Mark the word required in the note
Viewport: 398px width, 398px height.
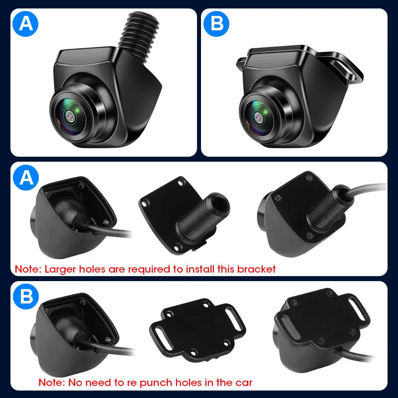coord(150,269)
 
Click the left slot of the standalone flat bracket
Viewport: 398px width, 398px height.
coord(163,332)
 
